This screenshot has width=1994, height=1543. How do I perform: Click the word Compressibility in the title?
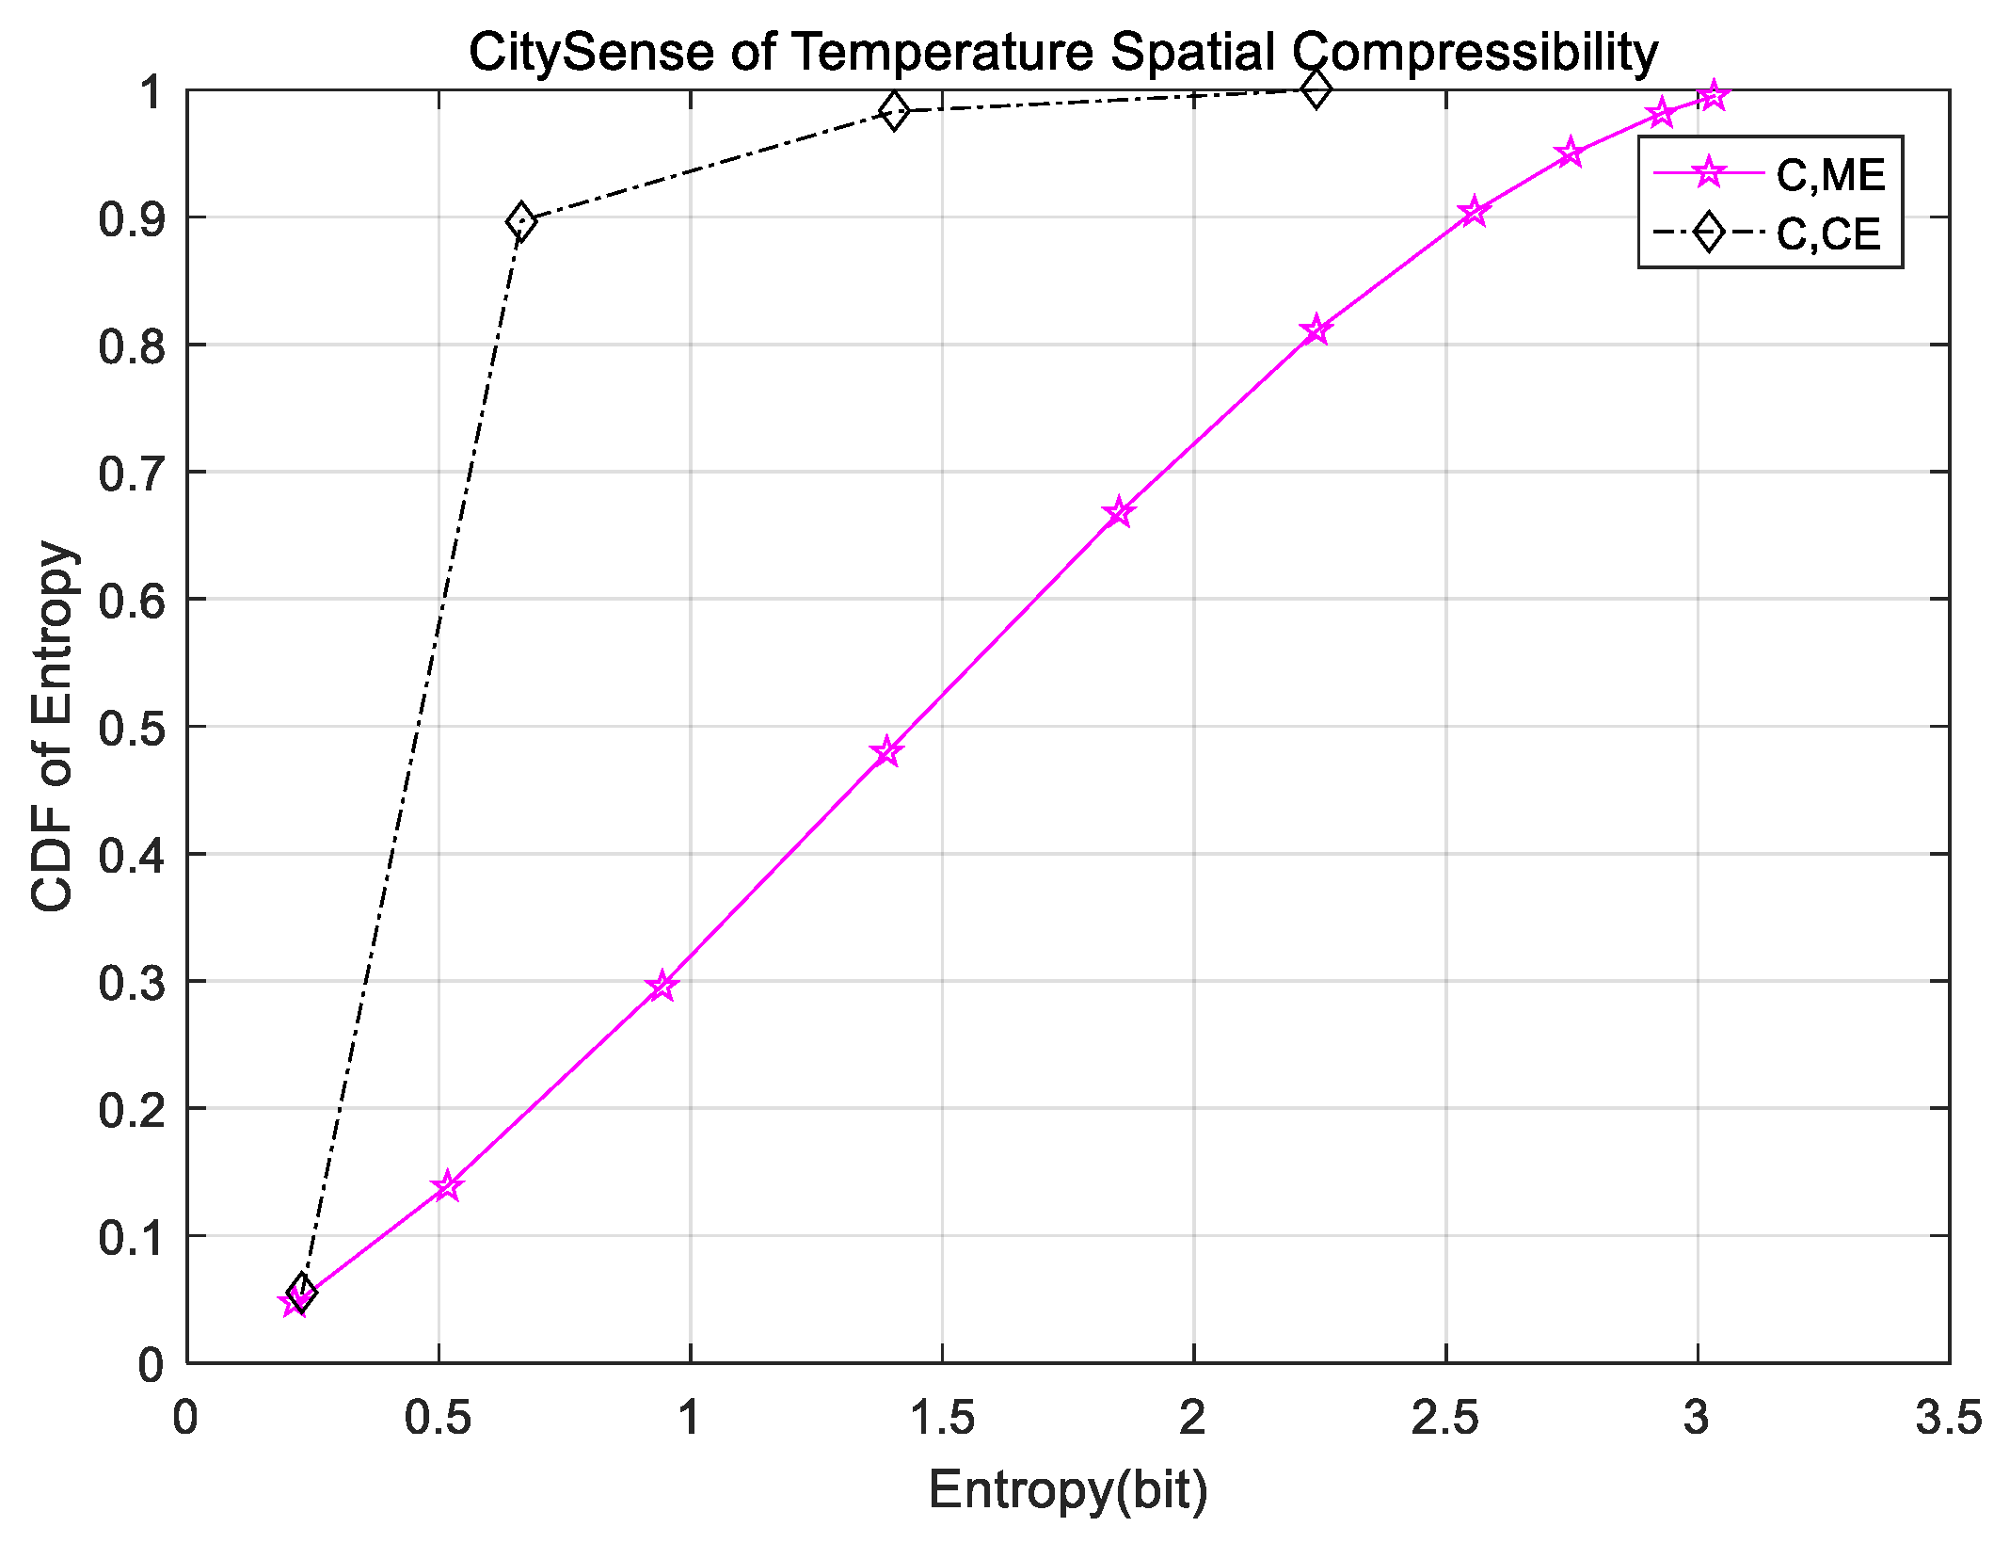coord(1474,53)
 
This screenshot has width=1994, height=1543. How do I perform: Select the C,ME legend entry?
coord(1828,176)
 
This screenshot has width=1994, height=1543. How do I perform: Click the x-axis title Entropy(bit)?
coord(1067,1489)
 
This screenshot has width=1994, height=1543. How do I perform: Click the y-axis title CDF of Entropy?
coord(53,726)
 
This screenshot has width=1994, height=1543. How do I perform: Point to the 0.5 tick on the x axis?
coord(438,1418)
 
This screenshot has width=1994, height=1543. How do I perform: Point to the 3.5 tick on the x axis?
coord(1948,1418)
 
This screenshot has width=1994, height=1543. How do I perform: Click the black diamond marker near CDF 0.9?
coord(520,222)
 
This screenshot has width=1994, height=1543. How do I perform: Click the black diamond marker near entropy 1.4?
coord(893,111)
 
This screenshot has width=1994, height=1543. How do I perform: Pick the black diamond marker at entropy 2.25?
coord(1316,90)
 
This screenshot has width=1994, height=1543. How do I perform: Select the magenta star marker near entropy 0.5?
coord(448,1186)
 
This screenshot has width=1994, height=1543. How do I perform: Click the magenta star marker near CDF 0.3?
coord(662,986)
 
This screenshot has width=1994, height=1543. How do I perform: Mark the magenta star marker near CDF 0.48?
coord(886,751)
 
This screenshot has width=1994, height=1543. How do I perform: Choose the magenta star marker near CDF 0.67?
coord(1119,512)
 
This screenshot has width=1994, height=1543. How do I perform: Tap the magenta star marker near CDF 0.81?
coord(1316,329)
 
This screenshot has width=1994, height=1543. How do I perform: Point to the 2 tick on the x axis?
coord(1193,1418)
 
